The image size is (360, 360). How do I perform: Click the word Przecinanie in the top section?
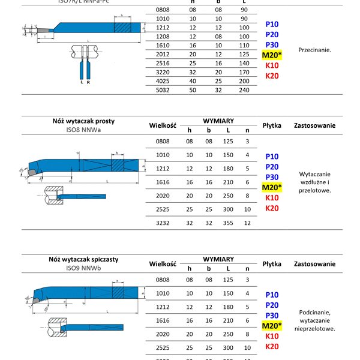point(314,50)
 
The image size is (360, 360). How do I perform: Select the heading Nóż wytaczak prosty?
point(83,121)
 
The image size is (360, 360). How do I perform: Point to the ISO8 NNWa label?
point(83,129)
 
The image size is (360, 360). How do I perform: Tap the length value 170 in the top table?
point(243,71)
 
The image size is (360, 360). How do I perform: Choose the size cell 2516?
point(162,62)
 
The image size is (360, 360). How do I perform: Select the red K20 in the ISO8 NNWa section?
point(272,208)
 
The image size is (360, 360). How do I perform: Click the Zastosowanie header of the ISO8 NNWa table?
point(314,125)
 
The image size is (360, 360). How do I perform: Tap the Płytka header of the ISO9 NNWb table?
point(272,264)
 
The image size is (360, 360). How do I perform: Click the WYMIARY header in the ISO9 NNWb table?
point(218,259)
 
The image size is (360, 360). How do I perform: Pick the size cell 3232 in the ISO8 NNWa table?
point(162,223)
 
